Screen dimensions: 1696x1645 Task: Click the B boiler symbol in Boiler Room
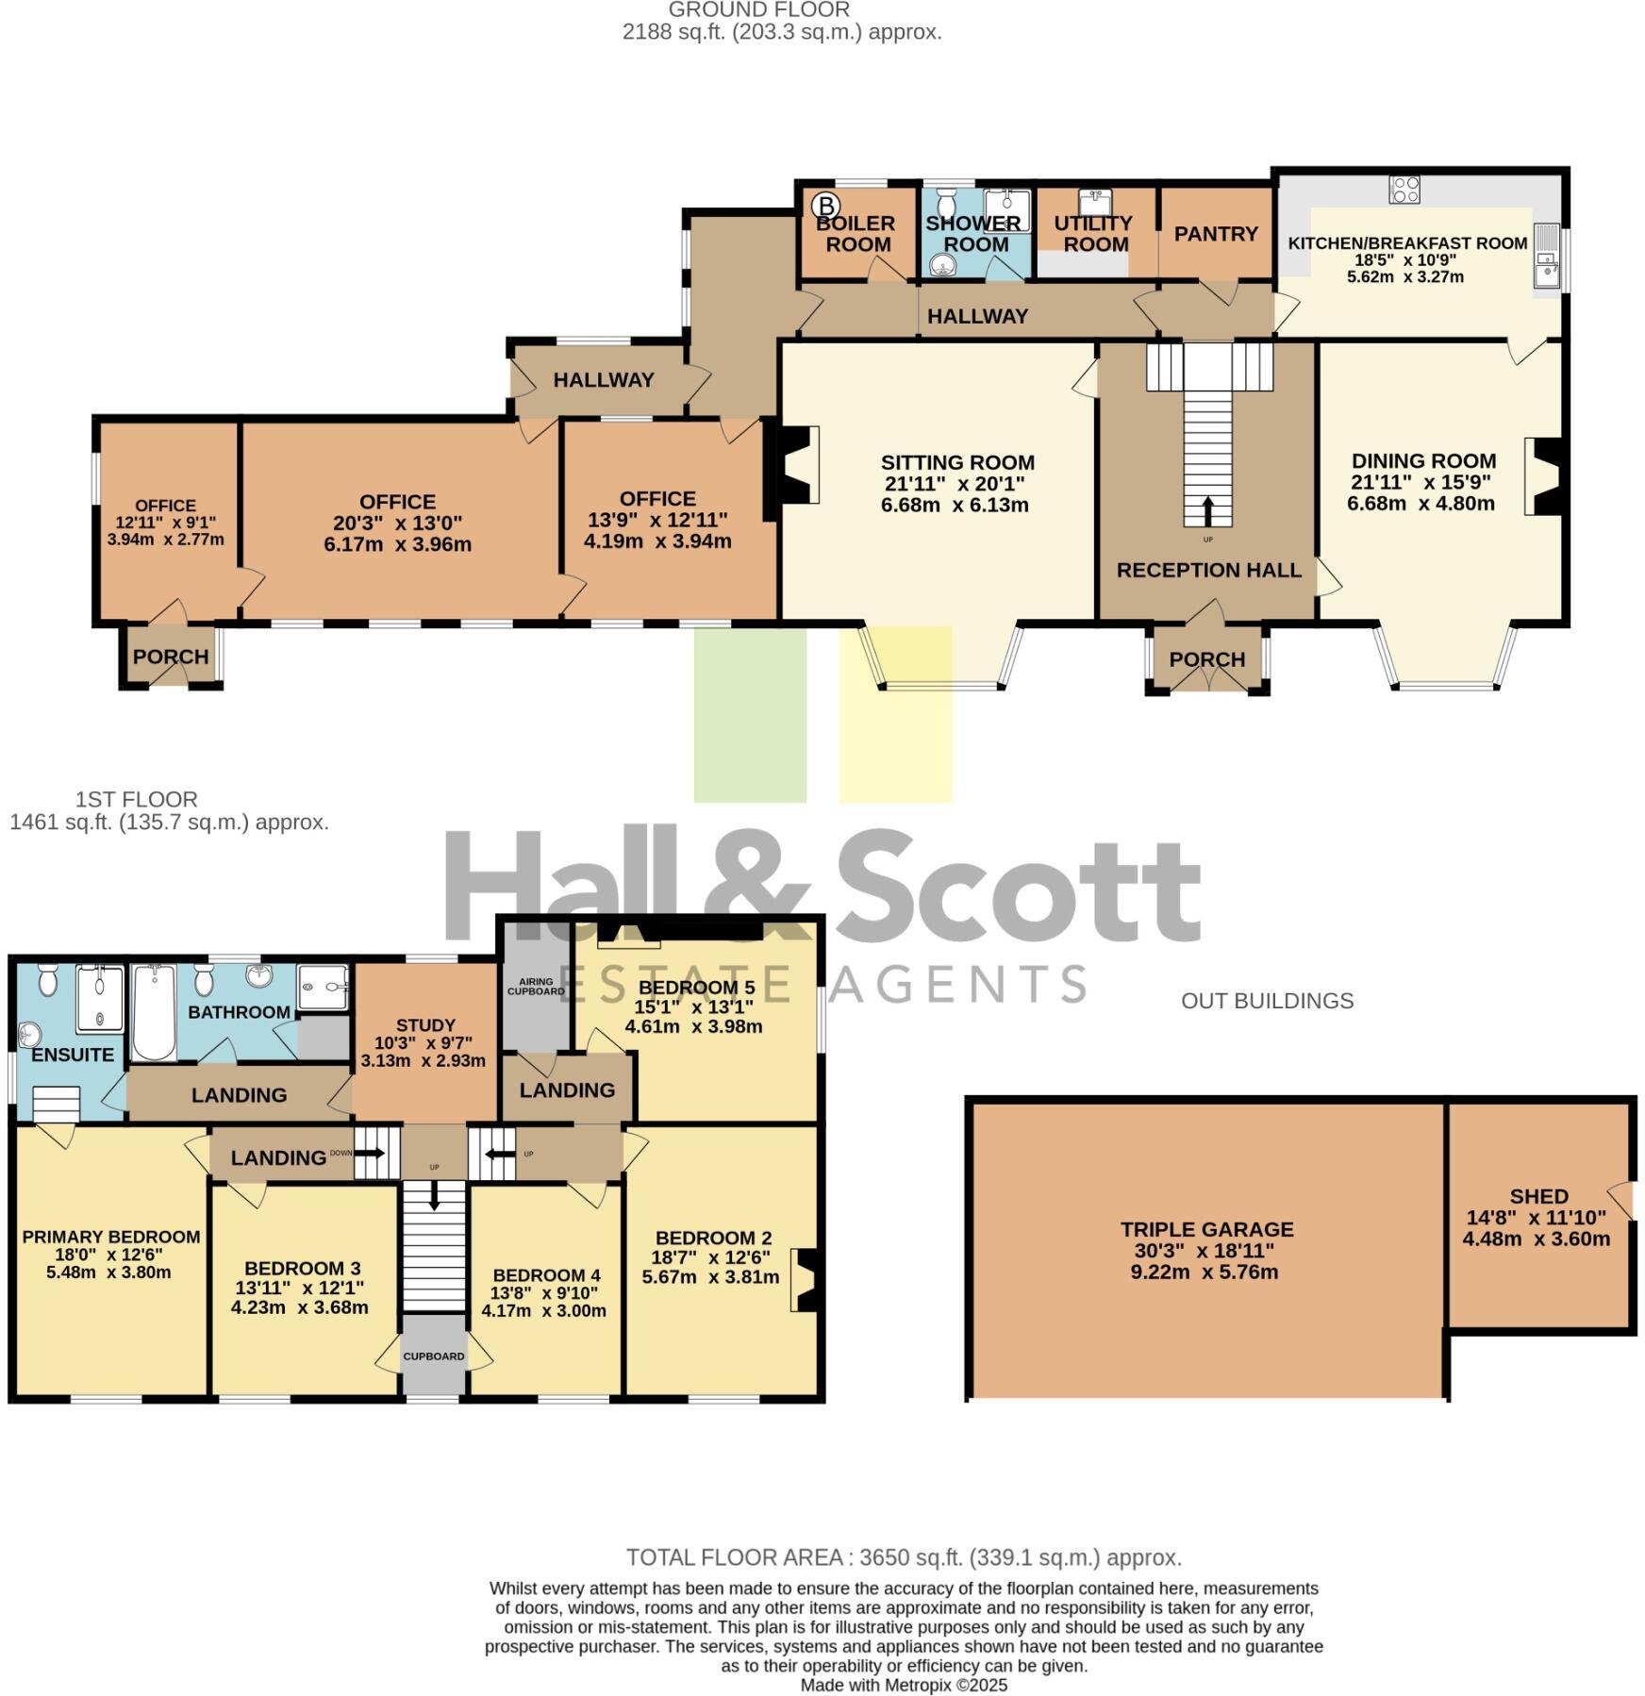825,205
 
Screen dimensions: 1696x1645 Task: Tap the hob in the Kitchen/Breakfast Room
1404,190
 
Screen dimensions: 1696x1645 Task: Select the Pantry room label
1216,233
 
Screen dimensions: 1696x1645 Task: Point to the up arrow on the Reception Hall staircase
1208,510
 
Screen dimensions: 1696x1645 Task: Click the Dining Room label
1423,461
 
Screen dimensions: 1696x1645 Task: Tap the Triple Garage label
1206,1229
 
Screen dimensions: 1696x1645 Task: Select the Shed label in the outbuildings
1538,1196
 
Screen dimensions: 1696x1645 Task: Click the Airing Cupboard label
536,987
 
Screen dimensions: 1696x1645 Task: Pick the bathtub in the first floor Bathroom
154,1011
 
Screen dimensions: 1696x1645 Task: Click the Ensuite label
72,1055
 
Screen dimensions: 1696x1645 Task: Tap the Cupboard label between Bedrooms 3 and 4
434,1356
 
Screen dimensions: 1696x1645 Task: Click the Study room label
425,1024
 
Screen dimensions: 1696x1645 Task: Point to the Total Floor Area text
904,1557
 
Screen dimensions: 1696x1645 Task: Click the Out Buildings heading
1267,1001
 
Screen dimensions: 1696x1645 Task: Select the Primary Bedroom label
111,1237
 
